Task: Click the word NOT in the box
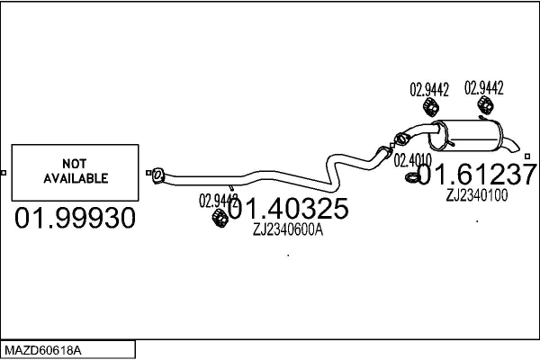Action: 75,164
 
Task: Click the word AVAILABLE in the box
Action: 76,178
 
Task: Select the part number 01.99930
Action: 75,218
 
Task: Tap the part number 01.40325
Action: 287,210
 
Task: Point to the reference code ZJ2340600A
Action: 287,229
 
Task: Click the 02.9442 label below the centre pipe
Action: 218,200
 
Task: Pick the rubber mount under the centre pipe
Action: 218,220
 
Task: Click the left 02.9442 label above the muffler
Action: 429,89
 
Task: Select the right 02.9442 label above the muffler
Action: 483,87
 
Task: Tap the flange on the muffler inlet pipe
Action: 400,138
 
